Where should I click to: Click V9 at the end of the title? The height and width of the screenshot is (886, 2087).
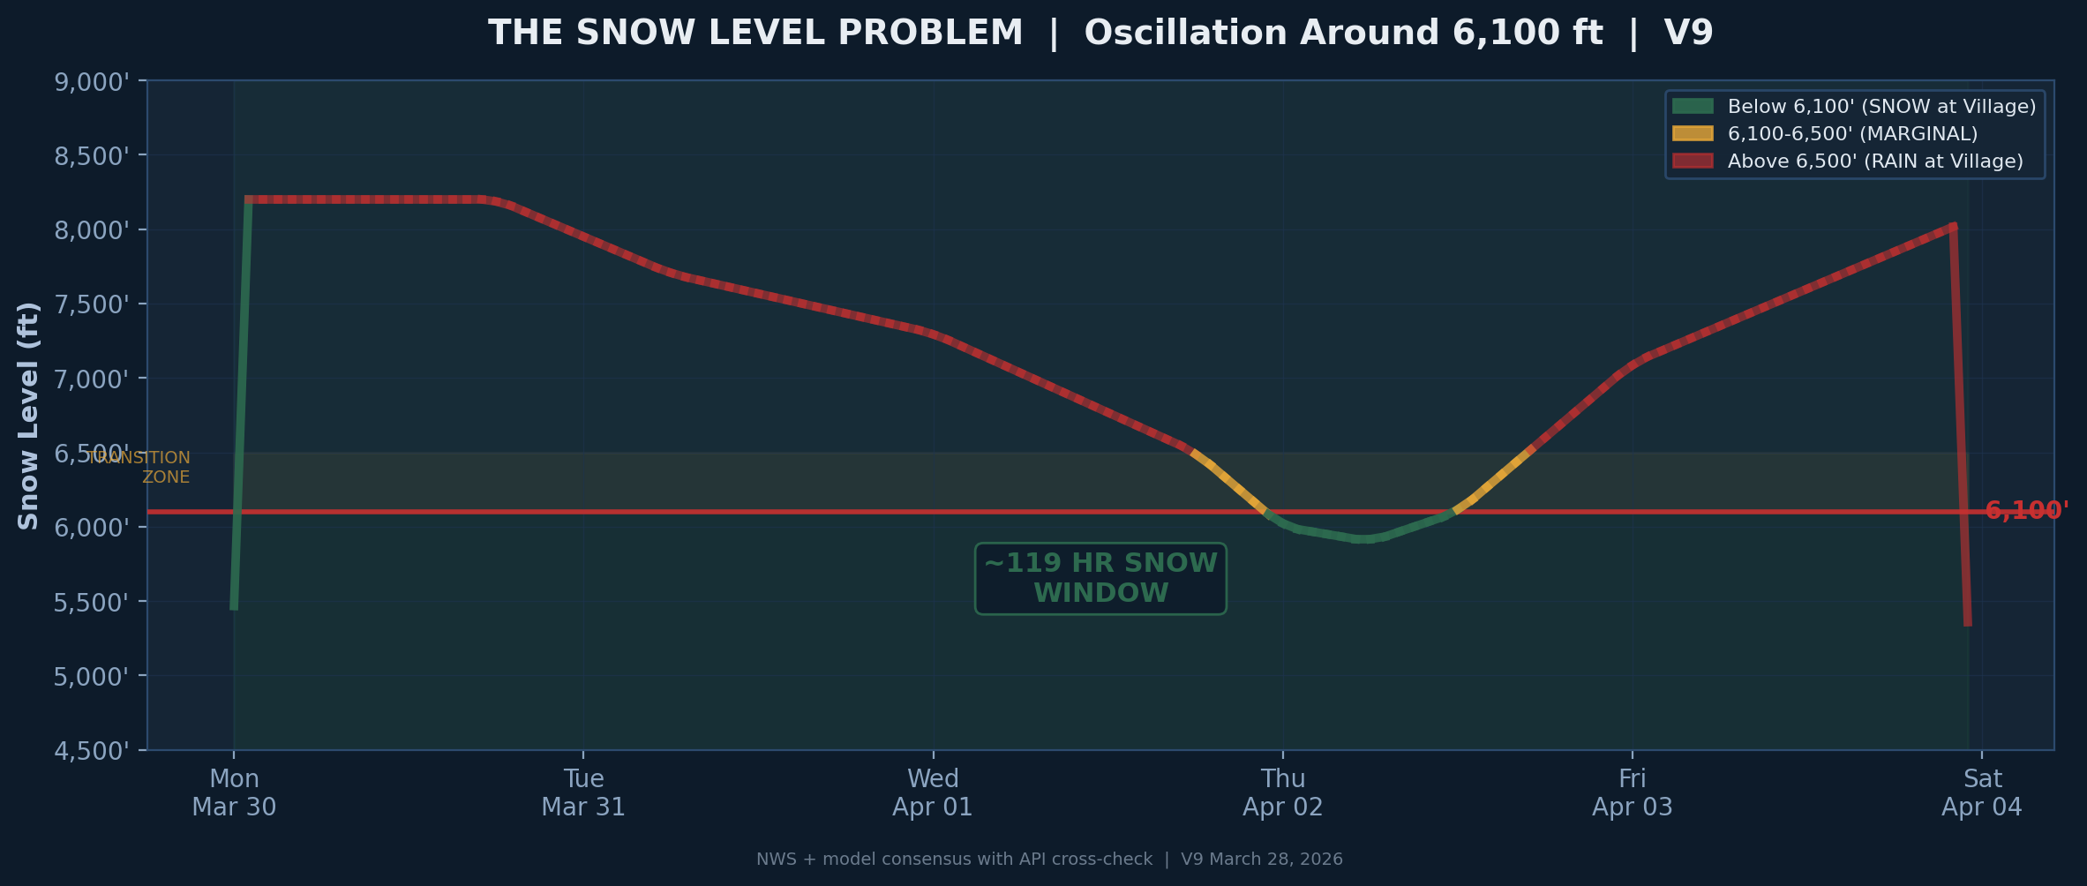[x=1687, y=34]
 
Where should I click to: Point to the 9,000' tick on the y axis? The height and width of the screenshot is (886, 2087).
[x=92, y=82]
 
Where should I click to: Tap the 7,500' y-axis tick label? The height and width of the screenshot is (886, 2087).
[x=92, y=304]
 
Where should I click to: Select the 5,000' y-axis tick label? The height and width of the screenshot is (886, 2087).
[x=92, y=677]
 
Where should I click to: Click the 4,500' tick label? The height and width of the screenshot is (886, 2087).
[x=92, y=751]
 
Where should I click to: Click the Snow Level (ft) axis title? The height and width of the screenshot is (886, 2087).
[x=28, y=416]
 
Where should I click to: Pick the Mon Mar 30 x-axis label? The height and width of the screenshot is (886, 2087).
[x=234, y=792]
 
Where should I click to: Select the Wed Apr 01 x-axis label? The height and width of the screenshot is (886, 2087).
[x=933, y=792]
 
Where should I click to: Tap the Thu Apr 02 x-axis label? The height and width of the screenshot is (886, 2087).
[x=1282, y=792]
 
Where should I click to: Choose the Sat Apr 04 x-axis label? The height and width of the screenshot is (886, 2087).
[x=1982, y=792]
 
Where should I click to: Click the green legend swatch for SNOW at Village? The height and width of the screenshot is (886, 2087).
[x=1692, y=107]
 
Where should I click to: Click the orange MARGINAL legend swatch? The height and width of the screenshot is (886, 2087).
[x=1692, y=134]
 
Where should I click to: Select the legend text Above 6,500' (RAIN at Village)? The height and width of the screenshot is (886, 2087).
[x=1874, y=161]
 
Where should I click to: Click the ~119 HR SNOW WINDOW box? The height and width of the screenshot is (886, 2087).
[x=1100, y=578]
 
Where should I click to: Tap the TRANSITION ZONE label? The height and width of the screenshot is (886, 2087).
[x=141, y=468]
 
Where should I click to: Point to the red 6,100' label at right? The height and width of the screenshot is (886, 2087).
[x=2026, y=511]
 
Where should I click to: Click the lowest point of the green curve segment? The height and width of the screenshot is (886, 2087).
[x=1364, y=539]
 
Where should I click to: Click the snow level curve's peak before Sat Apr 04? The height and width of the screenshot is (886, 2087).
[x=1953, y=226]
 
